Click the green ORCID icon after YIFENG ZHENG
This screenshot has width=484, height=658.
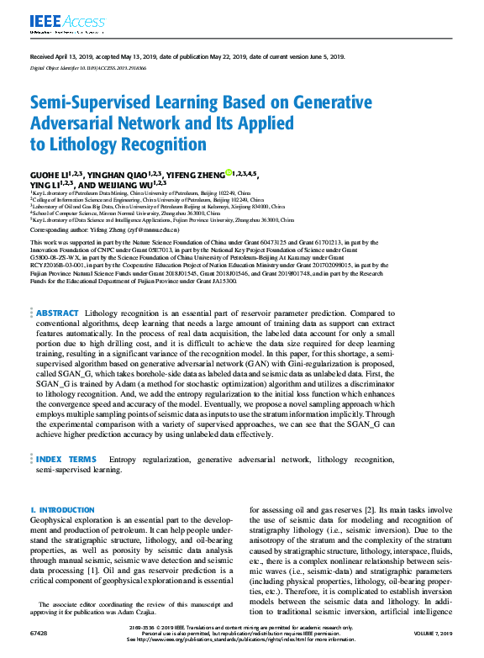(229, 173)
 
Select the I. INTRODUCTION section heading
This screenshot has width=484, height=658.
(60, 510)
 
